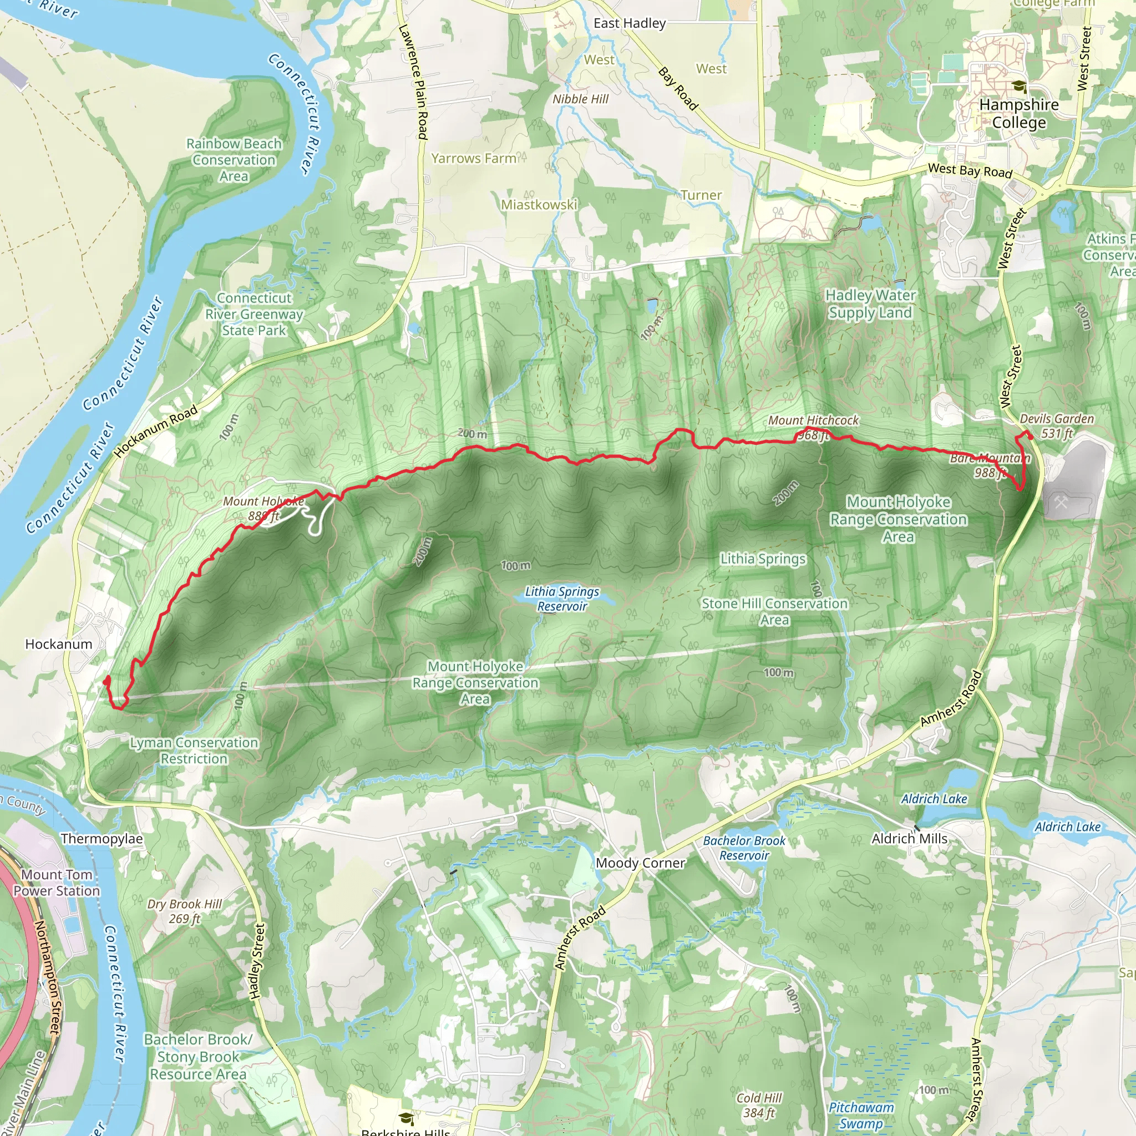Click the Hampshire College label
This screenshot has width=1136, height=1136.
click(1018, 114)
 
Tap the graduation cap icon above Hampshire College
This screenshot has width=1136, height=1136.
click(1019, 87)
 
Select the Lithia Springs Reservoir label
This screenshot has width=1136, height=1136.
click(562, 599)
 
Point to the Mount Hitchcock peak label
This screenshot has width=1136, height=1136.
click(813, 420)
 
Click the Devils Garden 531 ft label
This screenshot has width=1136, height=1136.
click(1057, 425)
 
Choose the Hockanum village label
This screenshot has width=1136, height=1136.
click(59, 644)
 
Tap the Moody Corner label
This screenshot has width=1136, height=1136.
click(640, 863)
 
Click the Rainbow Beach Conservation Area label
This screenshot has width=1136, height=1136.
click(234, 159)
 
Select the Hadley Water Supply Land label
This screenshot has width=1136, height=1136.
click(870, 303)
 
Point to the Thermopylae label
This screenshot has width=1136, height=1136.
click(102, 839)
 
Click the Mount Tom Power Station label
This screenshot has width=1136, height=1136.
click(57, 883)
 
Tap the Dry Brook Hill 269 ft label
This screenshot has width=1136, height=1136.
click(185, 911)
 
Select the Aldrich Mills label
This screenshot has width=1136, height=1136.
click(909, 839)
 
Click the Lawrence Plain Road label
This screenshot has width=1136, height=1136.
click(413, 82)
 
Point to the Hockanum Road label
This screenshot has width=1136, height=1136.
click(156, 431)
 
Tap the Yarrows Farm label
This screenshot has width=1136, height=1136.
click(474, 158)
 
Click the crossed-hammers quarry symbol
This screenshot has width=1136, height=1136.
click(1061, 503)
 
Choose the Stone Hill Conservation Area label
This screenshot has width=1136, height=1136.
click(774, 611)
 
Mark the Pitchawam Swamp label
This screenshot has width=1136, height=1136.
click(861, 1115)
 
